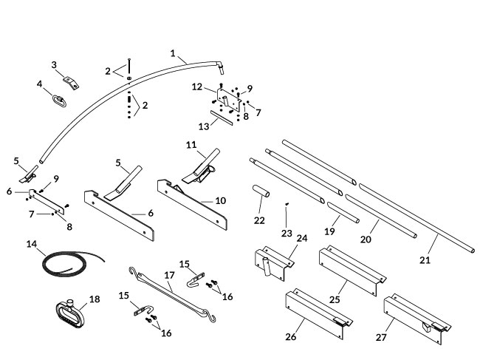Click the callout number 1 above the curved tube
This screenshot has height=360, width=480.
[173, 53]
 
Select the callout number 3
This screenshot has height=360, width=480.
[54, 65]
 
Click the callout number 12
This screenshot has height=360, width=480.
[197, 88]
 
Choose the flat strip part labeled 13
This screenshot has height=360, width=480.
[221, 118]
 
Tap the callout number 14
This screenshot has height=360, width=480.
[31, 243]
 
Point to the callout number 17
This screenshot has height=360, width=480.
[168, 275]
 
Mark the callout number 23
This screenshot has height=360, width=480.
[287, 233]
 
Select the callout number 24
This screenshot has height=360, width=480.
[301, 238]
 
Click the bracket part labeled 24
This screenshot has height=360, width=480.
[270, 262]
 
